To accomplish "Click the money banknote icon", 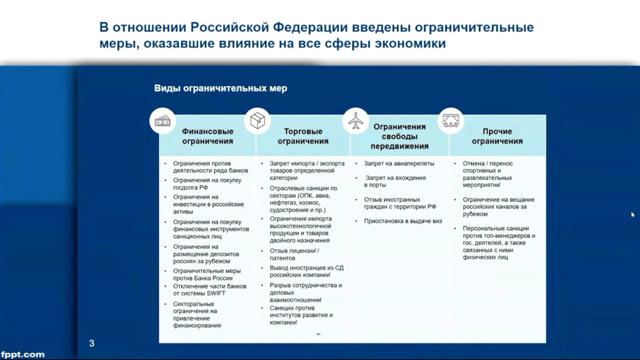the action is pyautogui.click(x=162, y=122).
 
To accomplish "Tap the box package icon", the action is pyautogui.click(x=257, y=120).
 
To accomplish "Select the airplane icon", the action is pyautogui.click(x=356, y=121).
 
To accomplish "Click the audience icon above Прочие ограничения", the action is pyautogui.click(x=451, y=121).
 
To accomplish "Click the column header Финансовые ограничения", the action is pyautogui.click(x=208, y=136).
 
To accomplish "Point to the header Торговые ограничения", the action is pyautogui.click(x=303, y=136).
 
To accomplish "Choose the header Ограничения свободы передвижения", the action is pyautogui.click(x=400, y=136).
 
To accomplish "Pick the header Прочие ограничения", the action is pyautogui.click(x=497, y=136).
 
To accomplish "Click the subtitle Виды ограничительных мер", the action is pyautogui.click(x=220, y=88).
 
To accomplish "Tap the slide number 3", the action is pyautogui.click(x=92, y=344).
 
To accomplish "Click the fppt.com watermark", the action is pyautogui.click(x=23, y=354).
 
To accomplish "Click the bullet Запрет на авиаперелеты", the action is pyautogui.click(x=399, y=164).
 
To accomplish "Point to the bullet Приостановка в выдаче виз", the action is pyautogui.click(x=403, y=221).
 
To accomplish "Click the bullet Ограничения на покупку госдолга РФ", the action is pyautogui.click(x=207, y=184).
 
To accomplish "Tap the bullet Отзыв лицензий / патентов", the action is pyautogui.click(x=294, y=255).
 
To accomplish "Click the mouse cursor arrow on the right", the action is pyautogui.click(x=633, y=215).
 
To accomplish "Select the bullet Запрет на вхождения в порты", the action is pyautogui.click(x=395, y=182).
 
